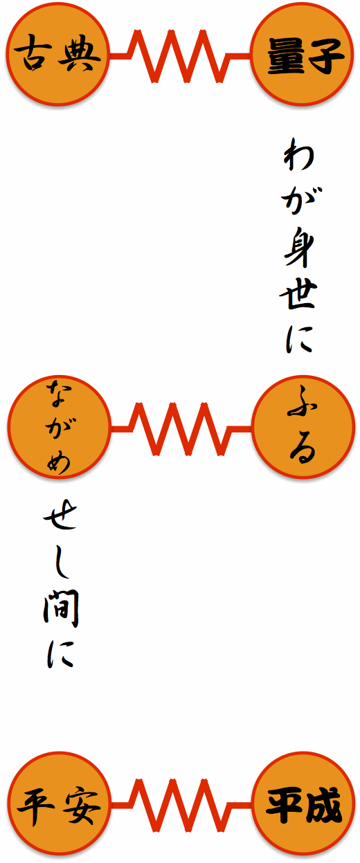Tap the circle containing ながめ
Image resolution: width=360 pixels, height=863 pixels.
59,427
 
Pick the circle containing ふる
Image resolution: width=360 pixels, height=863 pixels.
303,427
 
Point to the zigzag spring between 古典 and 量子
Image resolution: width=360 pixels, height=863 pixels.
180,56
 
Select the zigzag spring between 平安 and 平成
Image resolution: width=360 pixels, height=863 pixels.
181,805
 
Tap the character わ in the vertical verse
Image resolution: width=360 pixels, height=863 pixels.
298,155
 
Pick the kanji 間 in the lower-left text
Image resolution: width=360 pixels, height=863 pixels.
60,610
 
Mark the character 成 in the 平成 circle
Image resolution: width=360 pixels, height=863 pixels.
323,804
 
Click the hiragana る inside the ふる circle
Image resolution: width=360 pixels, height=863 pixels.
303,449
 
